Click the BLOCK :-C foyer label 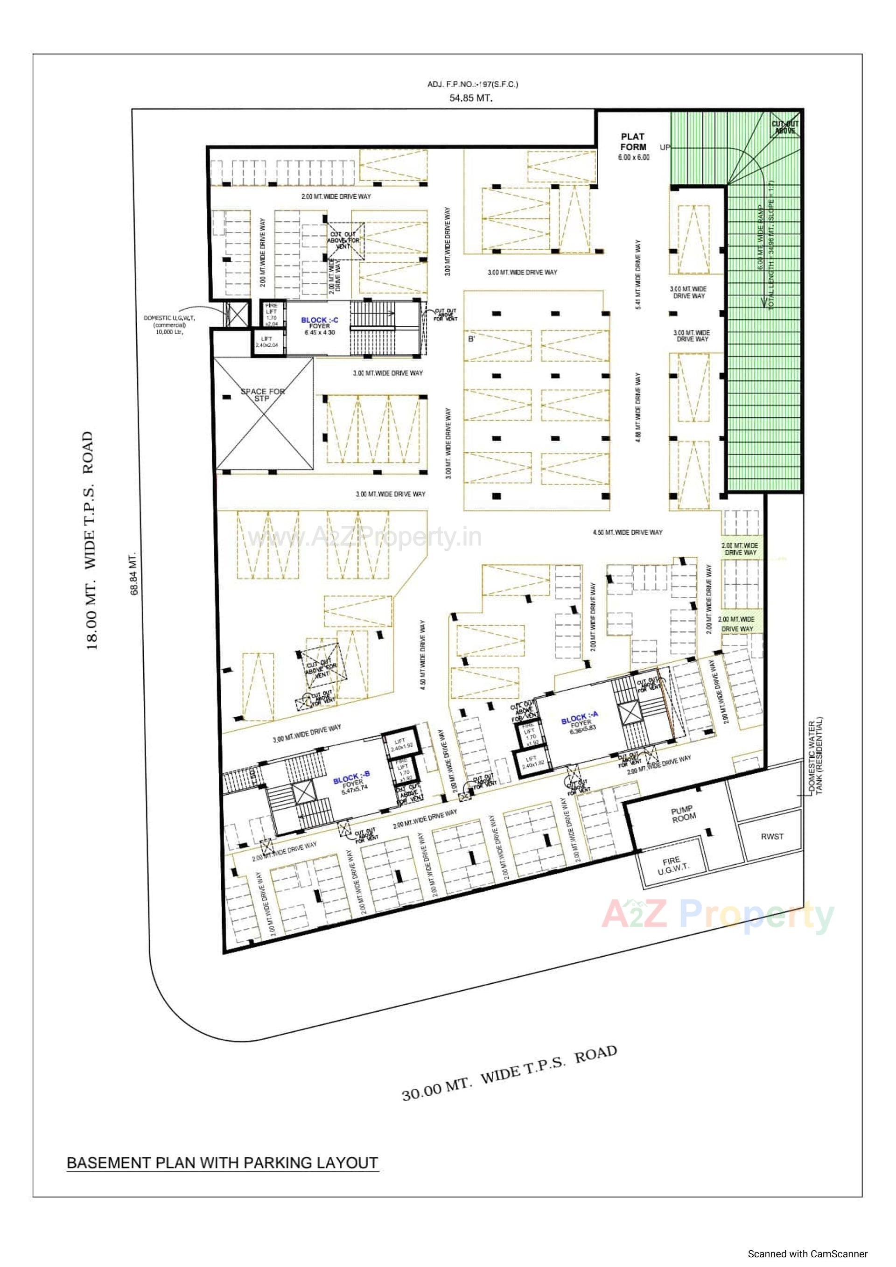[320, 326]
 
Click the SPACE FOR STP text [263, 394]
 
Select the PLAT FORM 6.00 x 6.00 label [633, 146]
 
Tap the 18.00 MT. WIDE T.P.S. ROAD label [91, 541]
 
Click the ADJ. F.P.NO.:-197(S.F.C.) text [473, 84]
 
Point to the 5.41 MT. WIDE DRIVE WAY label [638, 274]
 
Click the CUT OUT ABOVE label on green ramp [784, 127]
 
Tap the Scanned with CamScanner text [808, 1254]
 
